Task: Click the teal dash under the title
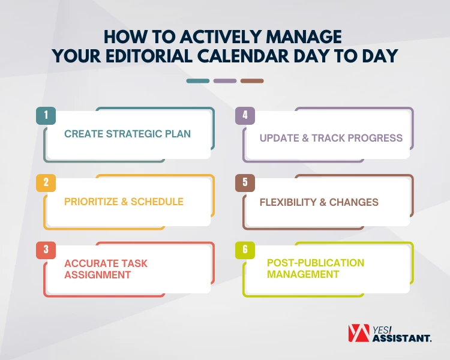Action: point(198,80)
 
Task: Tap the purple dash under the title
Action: point(225,80)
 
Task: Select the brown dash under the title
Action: point(252,80)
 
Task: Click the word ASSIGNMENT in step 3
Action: point(98,275)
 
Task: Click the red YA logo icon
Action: point(359,334)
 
